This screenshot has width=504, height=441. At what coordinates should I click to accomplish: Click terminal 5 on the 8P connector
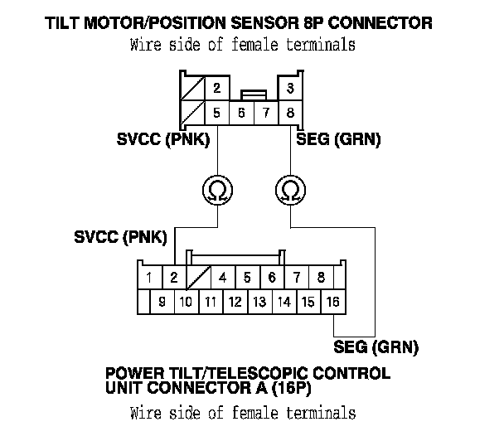(217, 113)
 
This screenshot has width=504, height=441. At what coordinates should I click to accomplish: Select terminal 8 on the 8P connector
(290, 113)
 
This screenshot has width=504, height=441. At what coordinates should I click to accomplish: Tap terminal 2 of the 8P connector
(217, 88)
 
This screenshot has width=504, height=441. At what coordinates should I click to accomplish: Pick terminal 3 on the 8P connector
(290, 88)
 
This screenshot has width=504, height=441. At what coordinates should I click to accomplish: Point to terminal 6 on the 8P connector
(241, 113)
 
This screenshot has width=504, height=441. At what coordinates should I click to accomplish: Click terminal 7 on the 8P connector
(266, 113)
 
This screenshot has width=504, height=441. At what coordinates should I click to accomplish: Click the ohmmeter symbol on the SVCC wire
(218, 190)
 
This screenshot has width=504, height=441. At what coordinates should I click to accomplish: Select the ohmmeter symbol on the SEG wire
(291, 190)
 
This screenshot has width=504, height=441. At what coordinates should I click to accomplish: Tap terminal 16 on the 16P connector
(333, 302)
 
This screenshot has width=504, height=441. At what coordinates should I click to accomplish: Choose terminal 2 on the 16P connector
(174, 278)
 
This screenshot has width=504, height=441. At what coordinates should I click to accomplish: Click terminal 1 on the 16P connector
(149, 278)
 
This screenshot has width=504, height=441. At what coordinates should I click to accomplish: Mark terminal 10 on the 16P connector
(187, 302)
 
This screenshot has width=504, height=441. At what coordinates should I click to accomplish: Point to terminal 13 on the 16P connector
(259, 302)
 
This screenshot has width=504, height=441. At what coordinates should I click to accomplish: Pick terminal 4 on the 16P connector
(223, 278)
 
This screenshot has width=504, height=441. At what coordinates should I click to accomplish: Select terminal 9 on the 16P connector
(162, 302)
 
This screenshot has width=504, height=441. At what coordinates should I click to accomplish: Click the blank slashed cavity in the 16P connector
(199, 278)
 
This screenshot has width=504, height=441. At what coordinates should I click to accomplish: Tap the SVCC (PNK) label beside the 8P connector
(163, 139)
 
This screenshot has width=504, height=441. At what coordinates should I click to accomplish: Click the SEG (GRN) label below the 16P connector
(376, 347)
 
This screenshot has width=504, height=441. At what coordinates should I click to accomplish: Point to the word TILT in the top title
(63, 23)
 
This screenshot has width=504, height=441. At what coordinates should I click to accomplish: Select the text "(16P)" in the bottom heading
(292, 388)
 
